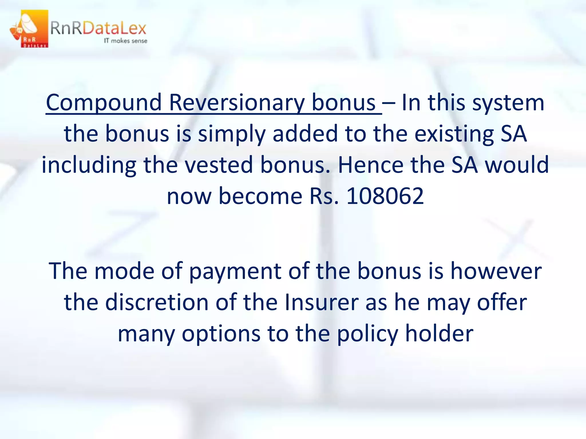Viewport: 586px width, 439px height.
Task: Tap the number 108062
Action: [385, 196]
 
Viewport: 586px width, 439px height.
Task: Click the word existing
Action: [454, 134]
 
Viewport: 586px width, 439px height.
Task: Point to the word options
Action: [221, 334]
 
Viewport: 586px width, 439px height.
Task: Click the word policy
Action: [368, 334]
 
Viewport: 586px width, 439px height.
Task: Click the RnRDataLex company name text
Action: [98, 29]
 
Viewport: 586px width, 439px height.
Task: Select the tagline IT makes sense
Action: [125, 41]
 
